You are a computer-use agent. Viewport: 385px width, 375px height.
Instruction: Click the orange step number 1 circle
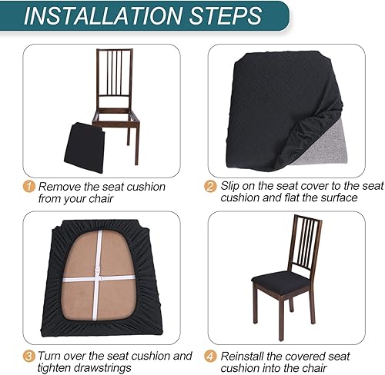[28, 186]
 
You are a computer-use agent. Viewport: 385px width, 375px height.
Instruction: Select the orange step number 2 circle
[210, 186]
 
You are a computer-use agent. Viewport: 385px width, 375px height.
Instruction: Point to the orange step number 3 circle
[28, 356]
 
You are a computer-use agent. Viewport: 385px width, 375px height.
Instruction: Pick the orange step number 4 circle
[210, 356]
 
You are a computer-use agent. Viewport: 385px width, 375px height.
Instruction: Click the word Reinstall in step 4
[246, 356]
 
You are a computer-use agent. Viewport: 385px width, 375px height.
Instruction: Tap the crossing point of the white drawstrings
[99, 279]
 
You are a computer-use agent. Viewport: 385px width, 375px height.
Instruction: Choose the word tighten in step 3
[54, 368]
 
